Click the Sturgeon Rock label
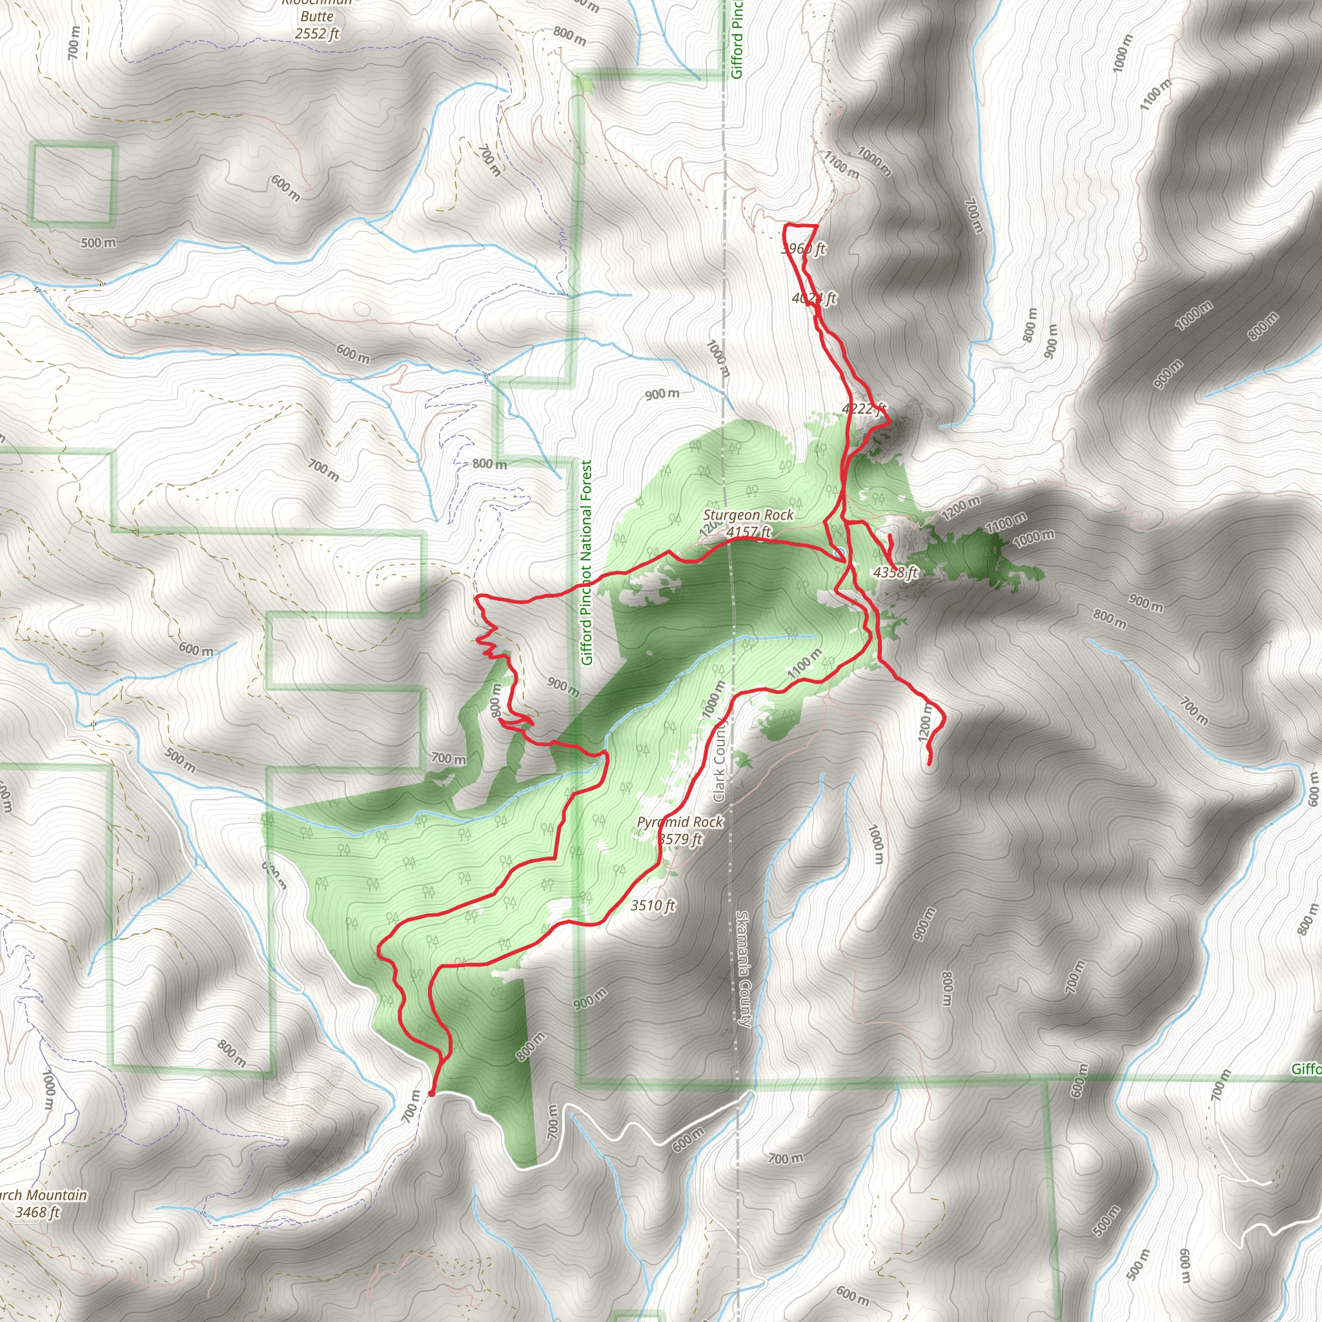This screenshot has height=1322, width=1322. [x=748, y=514]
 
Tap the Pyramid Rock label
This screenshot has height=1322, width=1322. [x=680, y=822]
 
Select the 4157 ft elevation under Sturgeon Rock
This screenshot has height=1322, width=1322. [x=748, y=532]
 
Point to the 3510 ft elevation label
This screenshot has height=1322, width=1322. [x=652, y=905]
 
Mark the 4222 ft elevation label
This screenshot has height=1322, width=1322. [x=864, y=409]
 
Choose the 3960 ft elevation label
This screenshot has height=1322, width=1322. [x=803, y=249]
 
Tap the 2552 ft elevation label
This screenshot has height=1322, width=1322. [x=317, y=33]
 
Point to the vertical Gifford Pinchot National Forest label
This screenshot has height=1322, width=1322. [x=586, y=562]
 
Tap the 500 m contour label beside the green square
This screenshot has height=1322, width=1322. [x=99, y=243]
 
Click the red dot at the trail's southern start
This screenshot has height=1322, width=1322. [x=431, y=1093]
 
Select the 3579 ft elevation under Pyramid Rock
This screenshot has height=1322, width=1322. [x=680, y=839]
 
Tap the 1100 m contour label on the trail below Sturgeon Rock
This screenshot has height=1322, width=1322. [x=804, y=664]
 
